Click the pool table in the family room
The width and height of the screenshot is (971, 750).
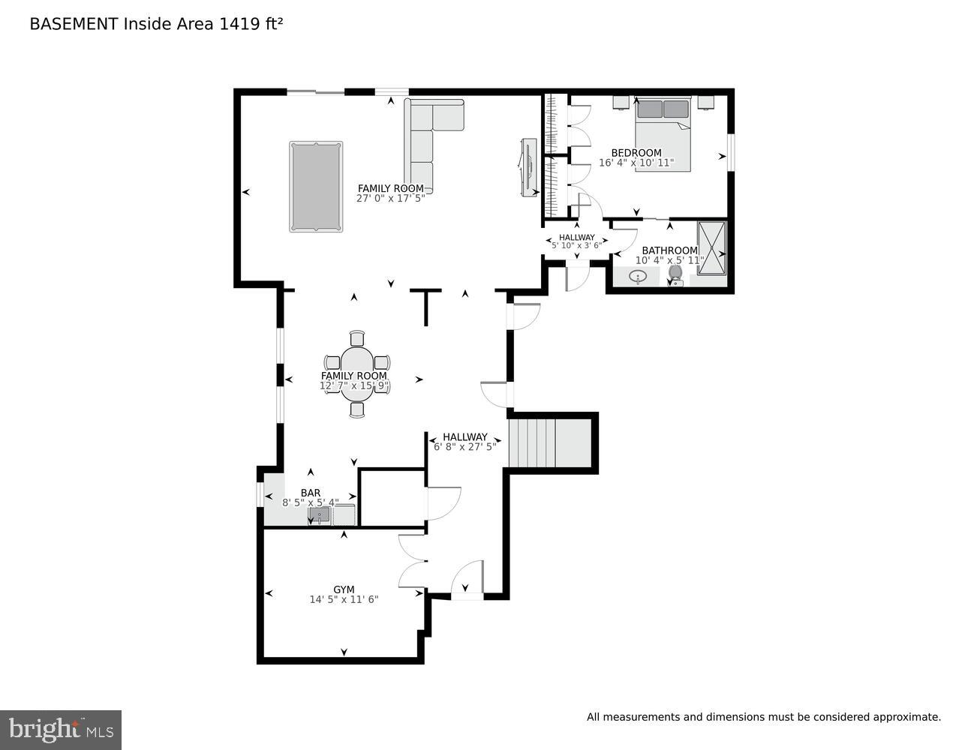coord(316,187)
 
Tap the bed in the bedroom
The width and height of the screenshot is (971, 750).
coord(663,135)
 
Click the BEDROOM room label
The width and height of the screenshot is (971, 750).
coord(636,153)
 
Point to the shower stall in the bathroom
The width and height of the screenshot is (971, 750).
coord(712,248)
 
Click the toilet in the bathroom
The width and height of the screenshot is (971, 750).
coord(675,276)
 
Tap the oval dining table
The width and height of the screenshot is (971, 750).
coord(357,372)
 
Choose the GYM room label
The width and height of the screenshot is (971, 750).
coord(344,589)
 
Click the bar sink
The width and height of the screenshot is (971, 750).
coord(319,515)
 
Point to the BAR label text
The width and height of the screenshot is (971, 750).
coord(311,493)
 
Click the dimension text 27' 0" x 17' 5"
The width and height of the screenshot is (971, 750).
coord(390,199)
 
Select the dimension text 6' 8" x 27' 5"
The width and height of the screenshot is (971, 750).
coord(465,447)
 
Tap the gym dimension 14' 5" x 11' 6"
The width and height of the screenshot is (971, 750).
coord(344,599)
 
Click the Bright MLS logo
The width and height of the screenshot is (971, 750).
coord(61,730)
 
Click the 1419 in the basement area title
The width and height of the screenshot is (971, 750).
coord(235,24)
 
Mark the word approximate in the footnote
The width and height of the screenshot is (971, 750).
coord(906,718)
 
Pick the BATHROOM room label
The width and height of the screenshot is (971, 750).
coord(669,250)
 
